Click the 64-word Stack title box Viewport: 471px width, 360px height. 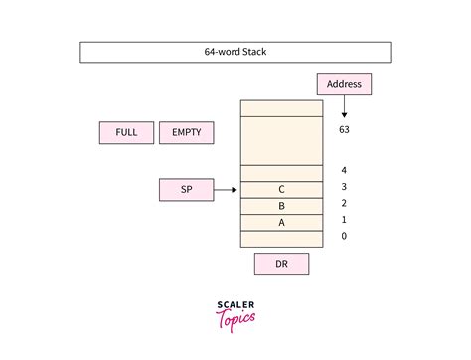[x=235, y=53]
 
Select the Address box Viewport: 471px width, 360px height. [x=344, y=85]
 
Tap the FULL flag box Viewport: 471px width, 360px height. [x=127, y=132]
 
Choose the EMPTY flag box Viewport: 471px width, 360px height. [x=187, y=132]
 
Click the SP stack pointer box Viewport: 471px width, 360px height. [x=187, y=189]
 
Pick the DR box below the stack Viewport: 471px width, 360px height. [x=281, y=264]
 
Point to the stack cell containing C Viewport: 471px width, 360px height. [x=281, y=189]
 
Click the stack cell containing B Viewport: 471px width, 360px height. [x=281, y=206]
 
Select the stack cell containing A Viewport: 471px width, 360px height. [x=281, y=222]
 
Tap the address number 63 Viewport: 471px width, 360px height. [x=344, y=129]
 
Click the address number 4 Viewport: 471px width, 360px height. [x=344, y=171]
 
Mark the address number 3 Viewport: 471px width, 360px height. [x=344, y=187]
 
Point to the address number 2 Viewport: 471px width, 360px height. [x=344, y=203]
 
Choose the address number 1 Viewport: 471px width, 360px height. [x=344, y=219]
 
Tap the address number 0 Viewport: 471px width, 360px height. [x=344, y=236]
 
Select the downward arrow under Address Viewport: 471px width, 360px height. [x=344, y=107]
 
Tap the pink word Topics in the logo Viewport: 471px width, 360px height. [x=235, y=321]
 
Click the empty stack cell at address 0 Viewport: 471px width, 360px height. [x=281, y=239]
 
